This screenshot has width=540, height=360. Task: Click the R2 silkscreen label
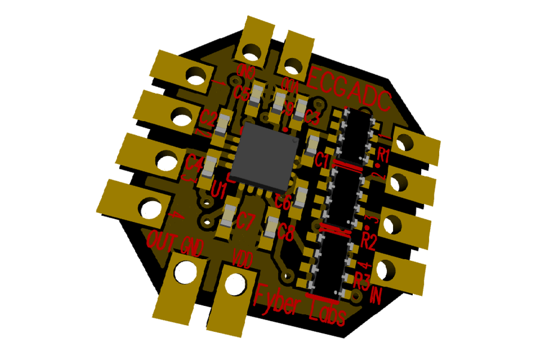(x=368, y=242)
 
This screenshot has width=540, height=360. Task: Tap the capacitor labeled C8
(x=271, y=227)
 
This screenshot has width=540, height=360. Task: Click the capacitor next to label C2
(x=223, y=123)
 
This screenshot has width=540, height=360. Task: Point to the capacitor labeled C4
(x=210, y=166)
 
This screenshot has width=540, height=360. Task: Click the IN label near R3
(x=377, y=295)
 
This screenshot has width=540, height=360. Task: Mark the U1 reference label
(x=218, y=191)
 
